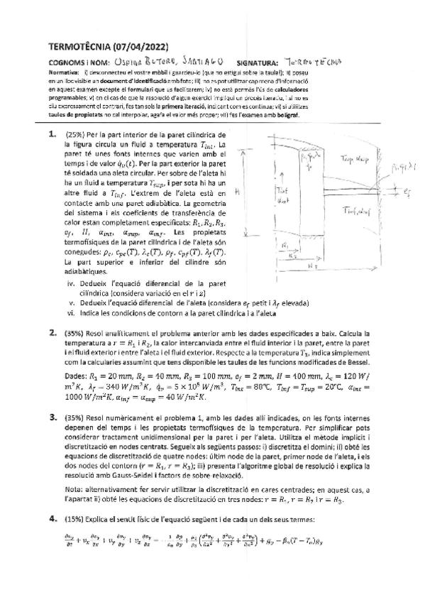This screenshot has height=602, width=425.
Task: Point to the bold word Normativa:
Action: tap(65, 72)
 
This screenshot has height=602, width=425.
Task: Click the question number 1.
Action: tap(52, 114)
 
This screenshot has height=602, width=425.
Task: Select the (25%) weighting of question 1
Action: tap(75, 115)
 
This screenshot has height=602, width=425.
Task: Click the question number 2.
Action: tap(52, 332)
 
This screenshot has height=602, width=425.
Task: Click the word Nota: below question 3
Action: tap(74, 489)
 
